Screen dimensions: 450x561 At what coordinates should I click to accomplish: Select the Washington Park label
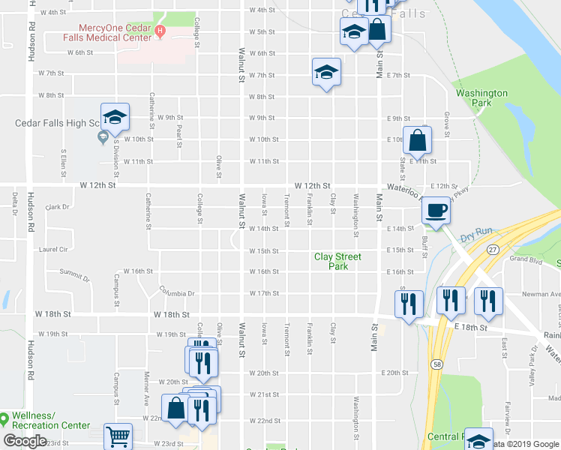[481, 98]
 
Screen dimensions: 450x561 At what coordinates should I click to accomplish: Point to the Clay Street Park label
[337, 261]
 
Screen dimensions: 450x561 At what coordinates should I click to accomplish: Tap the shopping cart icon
[118, 436]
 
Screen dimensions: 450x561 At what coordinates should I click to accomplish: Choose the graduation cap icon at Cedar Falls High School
[115, 117]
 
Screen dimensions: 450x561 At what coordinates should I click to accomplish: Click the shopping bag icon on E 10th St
[417, 139]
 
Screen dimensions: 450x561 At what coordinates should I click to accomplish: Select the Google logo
[25, 441]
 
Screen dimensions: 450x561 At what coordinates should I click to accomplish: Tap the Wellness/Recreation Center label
[49, 421]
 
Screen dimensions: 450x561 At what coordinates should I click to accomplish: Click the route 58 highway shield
[436, 363]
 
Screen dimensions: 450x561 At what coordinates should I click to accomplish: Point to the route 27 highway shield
[493, 248]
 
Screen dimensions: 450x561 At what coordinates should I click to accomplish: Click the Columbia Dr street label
[177, 292]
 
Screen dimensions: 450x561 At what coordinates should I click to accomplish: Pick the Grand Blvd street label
[526, 259]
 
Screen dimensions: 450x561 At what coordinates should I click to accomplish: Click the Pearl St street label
[179, 130]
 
